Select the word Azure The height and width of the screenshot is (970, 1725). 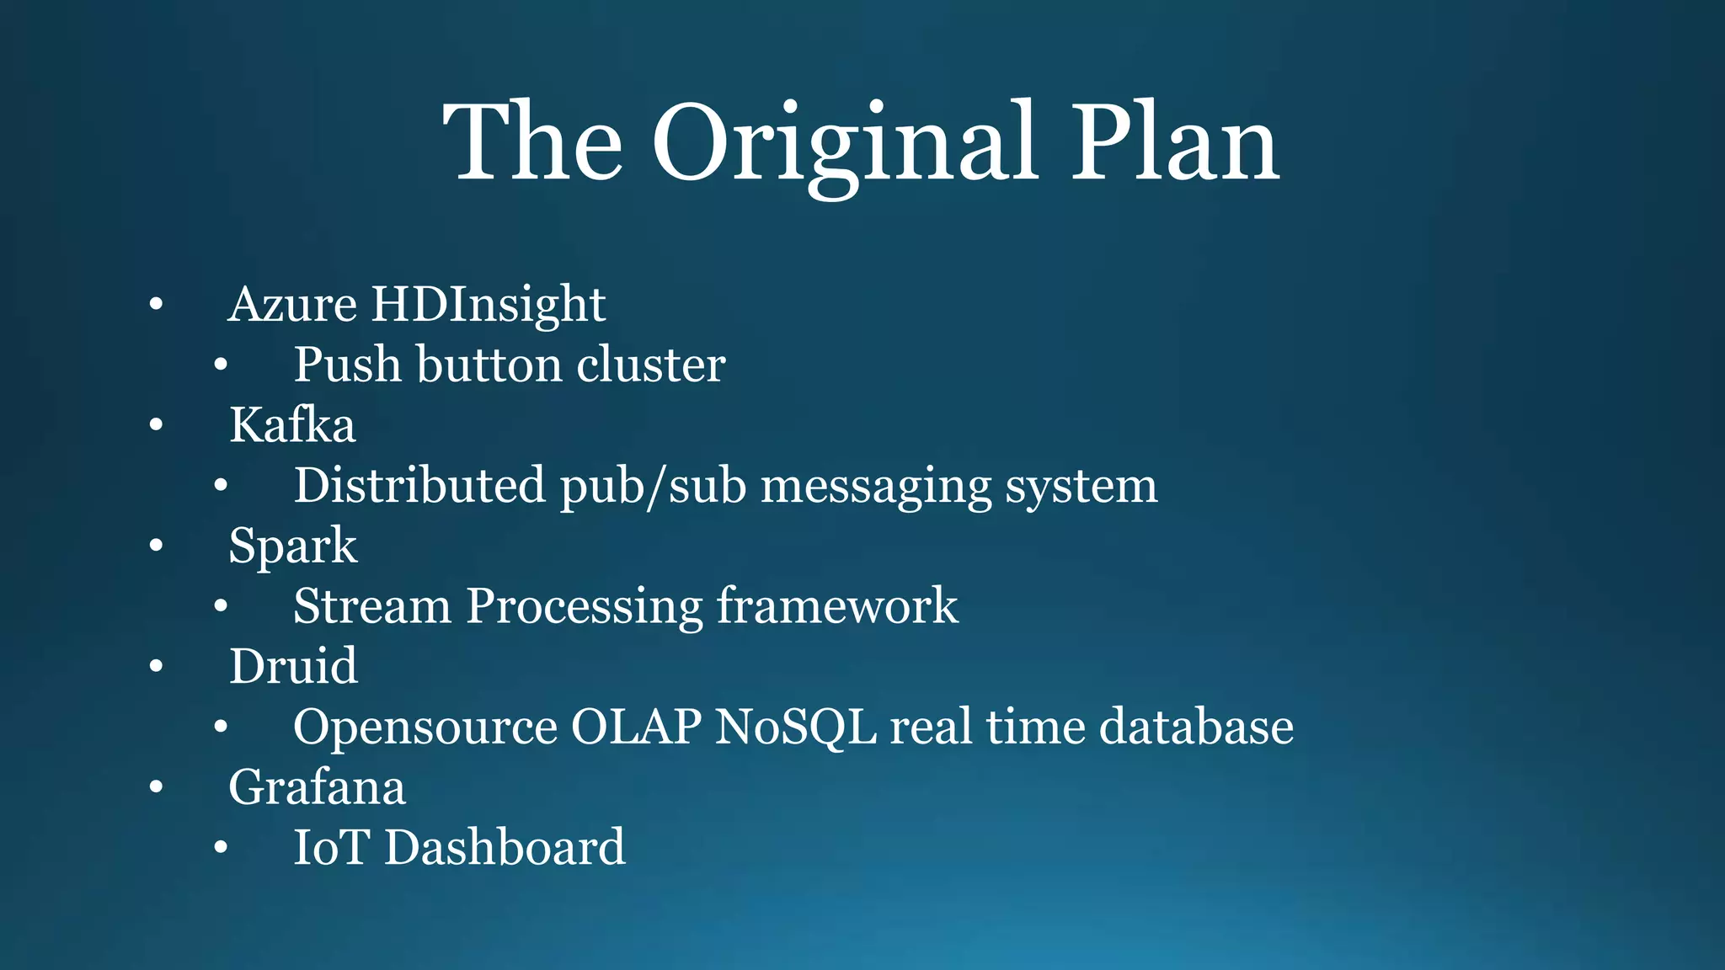292,304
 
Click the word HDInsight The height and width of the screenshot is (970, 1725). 488,304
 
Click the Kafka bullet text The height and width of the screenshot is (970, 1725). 292,424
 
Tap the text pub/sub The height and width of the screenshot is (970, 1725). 653,486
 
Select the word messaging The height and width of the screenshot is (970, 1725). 876,488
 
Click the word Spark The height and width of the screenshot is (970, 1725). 292,546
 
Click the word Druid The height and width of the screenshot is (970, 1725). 293,666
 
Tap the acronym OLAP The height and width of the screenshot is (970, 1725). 636,727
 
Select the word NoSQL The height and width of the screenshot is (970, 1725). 795,727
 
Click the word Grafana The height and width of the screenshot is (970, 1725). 317,787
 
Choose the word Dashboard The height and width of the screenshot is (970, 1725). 505,847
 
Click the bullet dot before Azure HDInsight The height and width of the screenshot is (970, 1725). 156,305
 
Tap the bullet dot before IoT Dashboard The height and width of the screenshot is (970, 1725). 221,848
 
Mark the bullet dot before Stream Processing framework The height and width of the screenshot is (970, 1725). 221,606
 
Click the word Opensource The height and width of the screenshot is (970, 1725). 425,728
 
